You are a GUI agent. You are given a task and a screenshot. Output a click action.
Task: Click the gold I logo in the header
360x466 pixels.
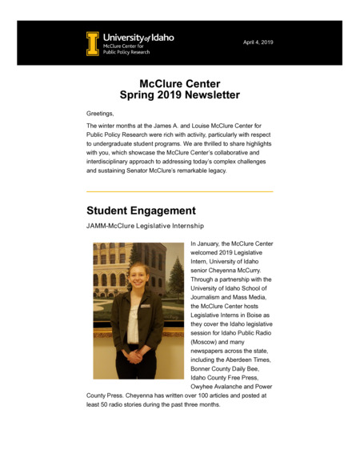[94, 43]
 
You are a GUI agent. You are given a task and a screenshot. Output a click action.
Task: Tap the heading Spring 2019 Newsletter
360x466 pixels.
[179, 95]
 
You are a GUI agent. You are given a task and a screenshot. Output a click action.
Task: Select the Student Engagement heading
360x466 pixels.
[141, 211]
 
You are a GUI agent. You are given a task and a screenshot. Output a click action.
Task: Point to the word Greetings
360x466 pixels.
[100, 114]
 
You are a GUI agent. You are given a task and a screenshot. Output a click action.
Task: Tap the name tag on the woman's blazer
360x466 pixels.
[146, 305]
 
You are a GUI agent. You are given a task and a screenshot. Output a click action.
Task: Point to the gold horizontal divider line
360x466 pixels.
[179, 191]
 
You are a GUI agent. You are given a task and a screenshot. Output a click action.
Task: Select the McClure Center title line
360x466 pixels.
[179, 83]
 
